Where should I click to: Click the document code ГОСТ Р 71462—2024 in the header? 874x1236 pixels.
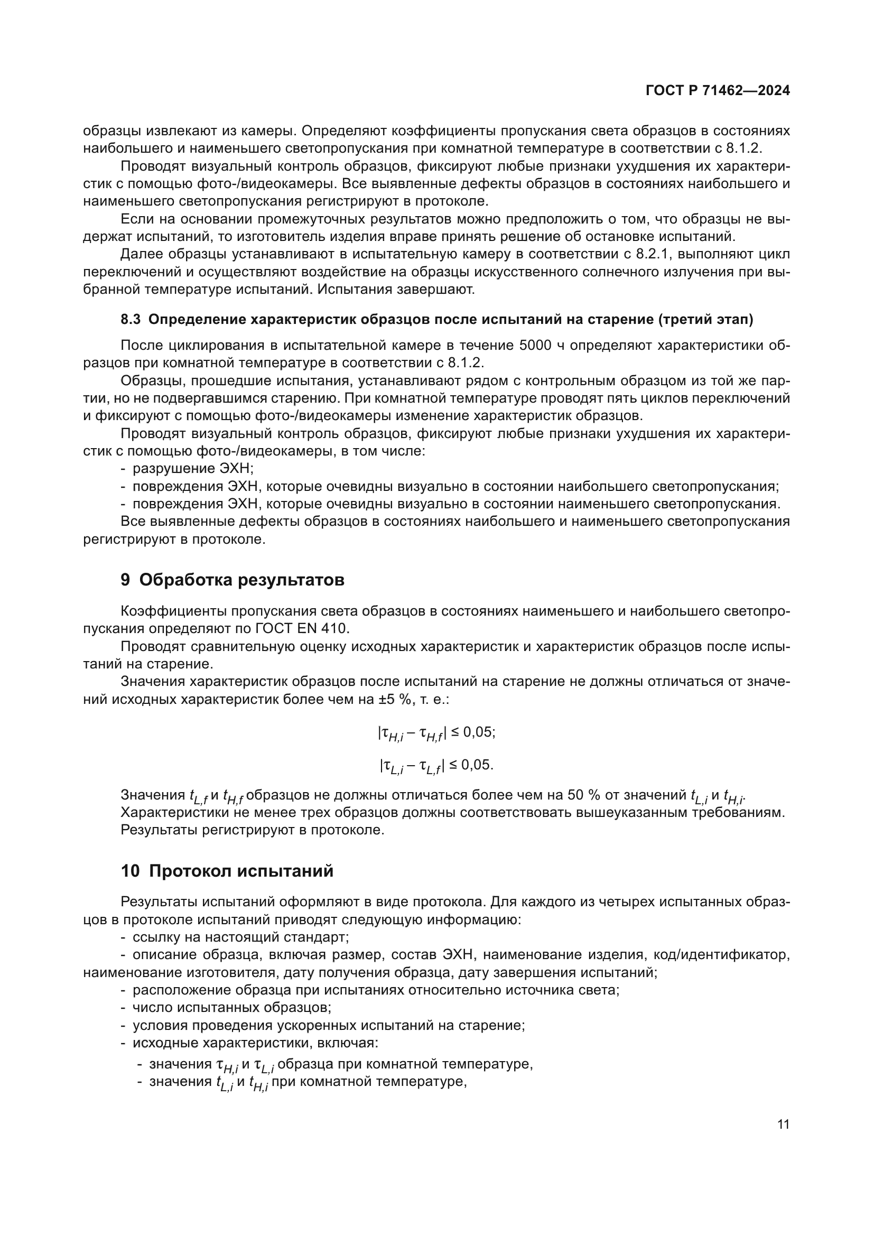click(x=718, y=91)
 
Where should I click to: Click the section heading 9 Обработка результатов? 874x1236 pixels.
click(x=233, y=580)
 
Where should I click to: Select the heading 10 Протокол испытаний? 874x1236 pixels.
click(x=227, y=870)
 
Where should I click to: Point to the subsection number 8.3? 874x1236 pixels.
click(x=131, y=319)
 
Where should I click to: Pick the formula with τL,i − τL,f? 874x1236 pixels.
click(x=436, y=766)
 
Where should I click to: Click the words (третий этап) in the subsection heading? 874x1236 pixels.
click(x=705, y=319)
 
